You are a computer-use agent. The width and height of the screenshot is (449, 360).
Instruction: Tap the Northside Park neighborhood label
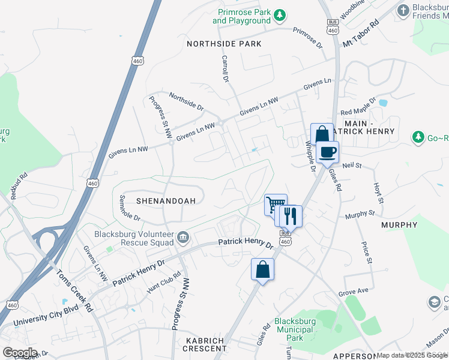(224, 44)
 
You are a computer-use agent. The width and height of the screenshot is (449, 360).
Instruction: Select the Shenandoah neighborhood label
(166, 201)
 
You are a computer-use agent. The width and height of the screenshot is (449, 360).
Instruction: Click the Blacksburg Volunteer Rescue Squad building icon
(184, 239)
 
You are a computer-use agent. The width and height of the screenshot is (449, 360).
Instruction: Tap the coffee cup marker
(328, 152)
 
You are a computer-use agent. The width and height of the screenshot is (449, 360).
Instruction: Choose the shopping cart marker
(275, 205)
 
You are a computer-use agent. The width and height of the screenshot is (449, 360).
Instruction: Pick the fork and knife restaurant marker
(291, 215)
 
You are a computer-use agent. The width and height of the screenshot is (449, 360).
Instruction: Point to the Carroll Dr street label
(226, 69)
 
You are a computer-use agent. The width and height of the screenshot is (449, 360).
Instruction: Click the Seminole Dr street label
(130, 208)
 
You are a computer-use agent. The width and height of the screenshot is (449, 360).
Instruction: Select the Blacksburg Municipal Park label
(294, 325)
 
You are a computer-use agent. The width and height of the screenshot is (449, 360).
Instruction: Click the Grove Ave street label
(352, 292)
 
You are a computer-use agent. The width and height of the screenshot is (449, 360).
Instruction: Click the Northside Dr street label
(186, 101)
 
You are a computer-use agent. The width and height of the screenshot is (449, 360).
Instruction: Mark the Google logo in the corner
(20, 352)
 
